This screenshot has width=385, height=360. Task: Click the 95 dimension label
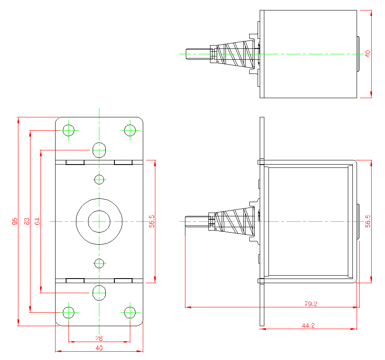click(15, 221)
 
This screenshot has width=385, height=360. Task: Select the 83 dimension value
click(26, 221)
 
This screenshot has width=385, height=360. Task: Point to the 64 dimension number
click(37, 221)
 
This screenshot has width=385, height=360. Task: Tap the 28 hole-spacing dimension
click(99, 338)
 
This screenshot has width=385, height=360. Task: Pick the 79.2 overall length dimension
click(311, 304)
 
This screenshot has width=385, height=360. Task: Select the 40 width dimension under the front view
click(99, 348)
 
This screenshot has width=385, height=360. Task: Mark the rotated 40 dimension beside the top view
click(367, 53)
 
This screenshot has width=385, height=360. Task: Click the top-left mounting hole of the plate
click(68, 130)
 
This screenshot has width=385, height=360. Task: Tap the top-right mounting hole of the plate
click(130, 130)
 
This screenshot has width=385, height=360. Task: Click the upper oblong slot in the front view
click(99, 150)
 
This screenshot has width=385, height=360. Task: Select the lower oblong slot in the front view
click(99, 293)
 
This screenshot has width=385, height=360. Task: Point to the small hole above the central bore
click(99, 180)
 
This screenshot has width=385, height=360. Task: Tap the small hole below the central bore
click(99, 264)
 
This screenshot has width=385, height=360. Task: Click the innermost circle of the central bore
click(99, 221)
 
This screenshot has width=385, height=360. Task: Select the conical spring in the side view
click(236, 221)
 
